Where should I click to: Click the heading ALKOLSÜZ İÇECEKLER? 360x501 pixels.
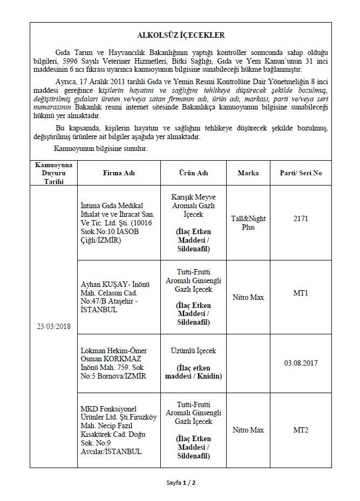180,35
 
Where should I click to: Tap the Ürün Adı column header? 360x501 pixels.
194,173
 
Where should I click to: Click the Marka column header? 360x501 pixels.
248,173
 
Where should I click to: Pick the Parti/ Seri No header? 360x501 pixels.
301,173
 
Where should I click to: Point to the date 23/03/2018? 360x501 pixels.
54,326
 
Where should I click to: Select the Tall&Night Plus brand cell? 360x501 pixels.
248,223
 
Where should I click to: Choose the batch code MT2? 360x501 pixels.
301,430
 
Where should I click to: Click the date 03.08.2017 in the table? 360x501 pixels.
301,363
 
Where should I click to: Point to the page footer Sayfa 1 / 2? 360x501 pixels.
180,482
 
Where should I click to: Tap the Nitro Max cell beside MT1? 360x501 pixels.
248,296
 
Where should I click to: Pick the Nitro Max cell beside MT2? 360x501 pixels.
248,430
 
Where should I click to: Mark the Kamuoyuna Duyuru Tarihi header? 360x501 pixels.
54,173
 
